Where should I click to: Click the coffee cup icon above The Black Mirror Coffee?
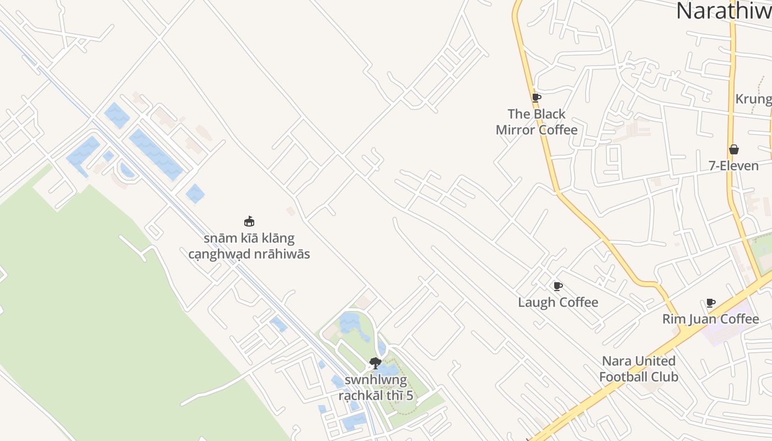536,98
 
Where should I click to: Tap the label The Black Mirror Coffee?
537,122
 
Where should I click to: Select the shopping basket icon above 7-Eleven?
734,149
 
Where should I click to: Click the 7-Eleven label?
733,166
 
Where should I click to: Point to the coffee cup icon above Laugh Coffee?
557,286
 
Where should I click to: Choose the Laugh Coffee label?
558,302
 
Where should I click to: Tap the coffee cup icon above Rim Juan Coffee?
711,303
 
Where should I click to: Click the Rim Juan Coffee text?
710,319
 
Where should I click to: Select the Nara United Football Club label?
639,369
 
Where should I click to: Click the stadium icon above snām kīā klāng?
249,222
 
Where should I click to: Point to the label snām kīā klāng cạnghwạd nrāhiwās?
249,246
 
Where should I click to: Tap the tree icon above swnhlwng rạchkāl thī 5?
376,363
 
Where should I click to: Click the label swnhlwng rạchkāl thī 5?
376,388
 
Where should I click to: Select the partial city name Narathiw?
723,11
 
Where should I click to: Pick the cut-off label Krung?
753,99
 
